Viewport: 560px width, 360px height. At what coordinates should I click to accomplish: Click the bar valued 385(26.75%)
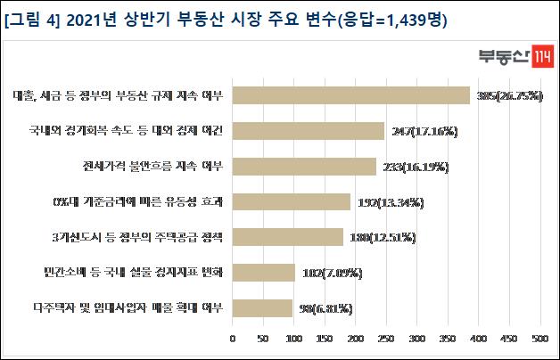[350, 95]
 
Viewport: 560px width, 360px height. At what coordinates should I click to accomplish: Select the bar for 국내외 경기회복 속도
[309, 131]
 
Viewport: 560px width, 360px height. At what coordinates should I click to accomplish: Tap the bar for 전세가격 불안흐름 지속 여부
[304, 167]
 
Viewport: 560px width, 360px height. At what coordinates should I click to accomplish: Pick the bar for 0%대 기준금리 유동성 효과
[292, 202]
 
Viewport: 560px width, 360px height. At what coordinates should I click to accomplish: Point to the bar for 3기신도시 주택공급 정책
[288, 237]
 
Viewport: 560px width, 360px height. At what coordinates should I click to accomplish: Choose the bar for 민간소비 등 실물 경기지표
[264, 273]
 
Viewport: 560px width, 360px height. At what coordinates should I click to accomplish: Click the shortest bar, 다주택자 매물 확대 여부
[262, 308]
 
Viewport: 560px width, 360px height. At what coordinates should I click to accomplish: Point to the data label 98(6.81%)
[325, 309]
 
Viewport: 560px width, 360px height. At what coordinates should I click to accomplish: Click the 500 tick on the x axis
[539, 339]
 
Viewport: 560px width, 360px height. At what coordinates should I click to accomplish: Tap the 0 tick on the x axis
[233, 339]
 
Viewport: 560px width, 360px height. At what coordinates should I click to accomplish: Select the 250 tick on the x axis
[386, 339]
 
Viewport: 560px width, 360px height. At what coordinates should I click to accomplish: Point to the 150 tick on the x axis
[325, 339]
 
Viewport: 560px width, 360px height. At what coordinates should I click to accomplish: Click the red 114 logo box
[539, 53]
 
